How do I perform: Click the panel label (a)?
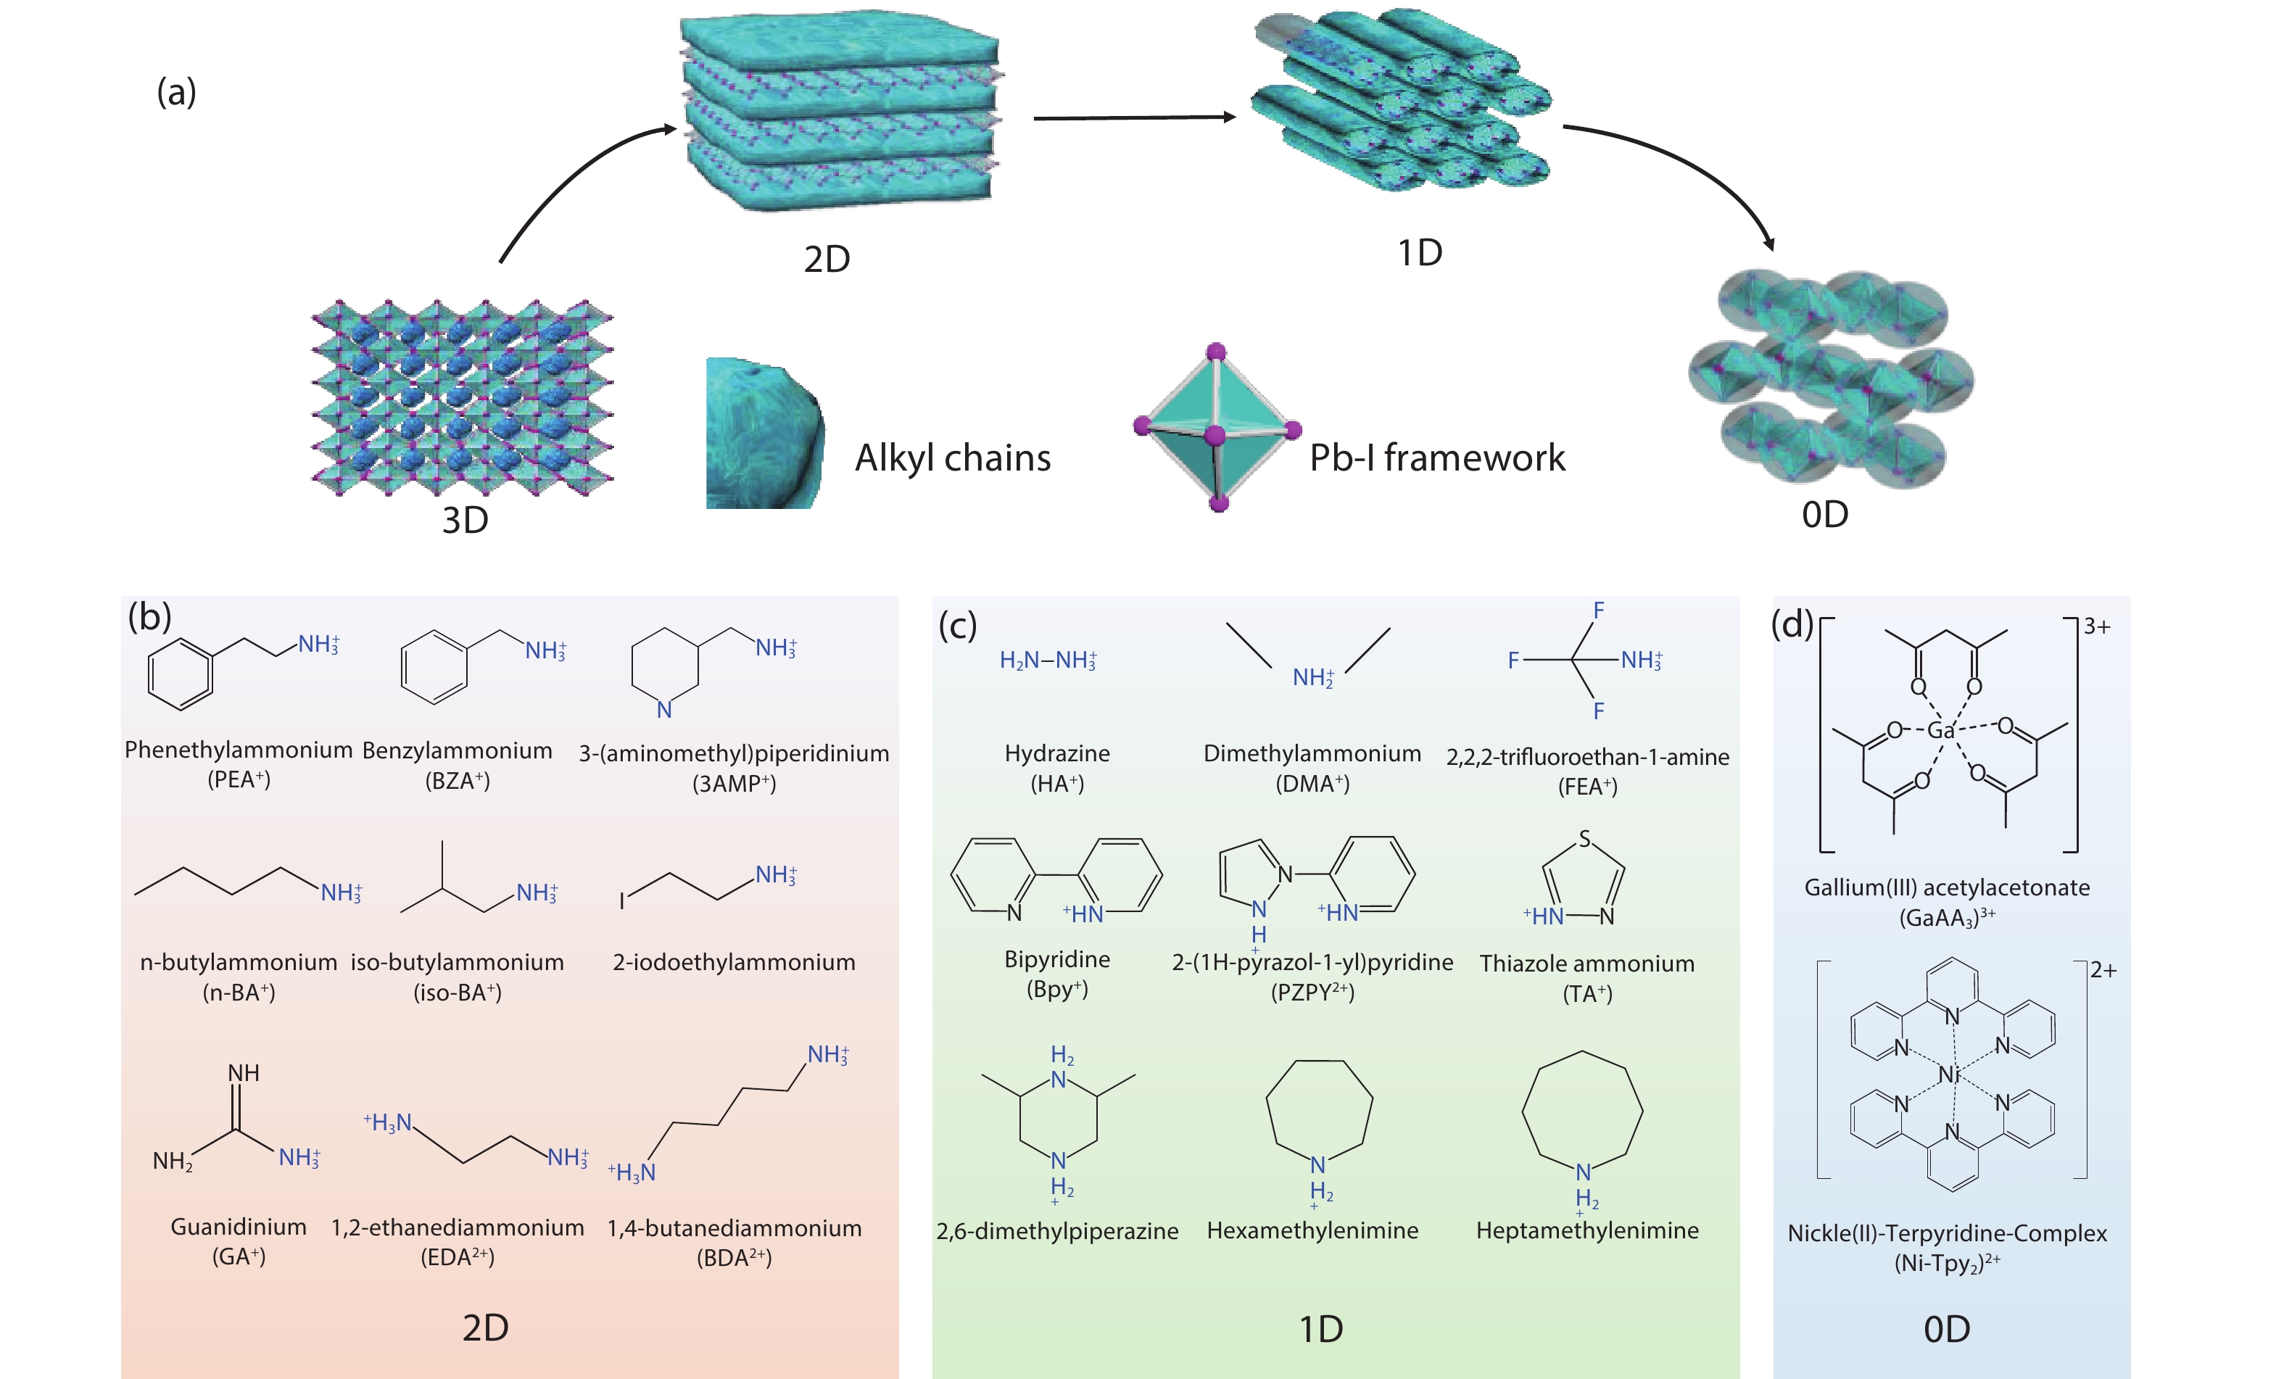click(x=176, y=92)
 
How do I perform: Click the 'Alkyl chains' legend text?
click(x=952, y=457)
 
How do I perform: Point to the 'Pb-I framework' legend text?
click(x=1437, y=457)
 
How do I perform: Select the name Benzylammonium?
click(x=457, y=750)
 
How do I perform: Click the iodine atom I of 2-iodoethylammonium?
click(x=622, y=900)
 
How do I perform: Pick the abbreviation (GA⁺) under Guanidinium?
click(x=239, y=1256)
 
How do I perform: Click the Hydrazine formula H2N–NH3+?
click(x=1048, y=660)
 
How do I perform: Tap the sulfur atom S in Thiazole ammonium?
click(x=1584, y=839)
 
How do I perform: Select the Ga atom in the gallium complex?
click(x=1940, y=730)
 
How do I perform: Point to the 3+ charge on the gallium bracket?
click(x=2097, y=626)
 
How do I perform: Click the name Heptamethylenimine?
click(x=1587, y=1230)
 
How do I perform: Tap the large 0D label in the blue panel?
click(x=1947, y=1329)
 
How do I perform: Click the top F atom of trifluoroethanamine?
click(x=1598, y=610)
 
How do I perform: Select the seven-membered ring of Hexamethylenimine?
click(x=1319, y=1112)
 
